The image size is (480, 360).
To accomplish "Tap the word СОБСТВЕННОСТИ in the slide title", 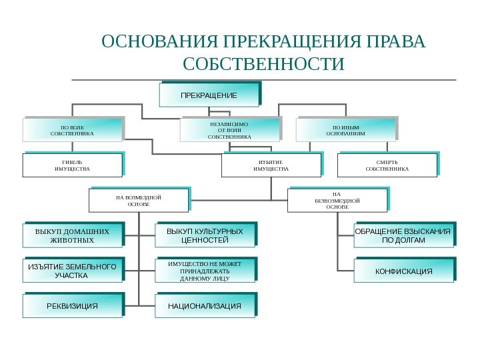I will point(264,65).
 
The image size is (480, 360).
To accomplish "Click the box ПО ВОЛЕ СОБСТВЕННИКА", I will point(73,130).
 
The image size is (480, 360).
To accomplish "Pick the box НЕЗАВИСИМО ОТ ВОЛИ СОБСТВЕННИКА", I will point(230,130).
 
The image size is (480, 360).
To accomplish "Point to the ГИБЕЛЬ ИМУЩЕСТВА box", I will point(72,165).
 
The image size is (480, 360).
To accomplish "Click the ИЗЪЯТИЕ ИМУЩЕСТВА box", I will point(271,165).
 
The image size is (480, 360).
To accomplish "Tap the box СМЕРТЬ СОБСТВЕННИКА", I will point(387,165).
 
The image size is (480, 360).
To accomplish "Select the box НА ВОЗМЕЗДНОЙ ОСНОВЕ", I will point(139,201).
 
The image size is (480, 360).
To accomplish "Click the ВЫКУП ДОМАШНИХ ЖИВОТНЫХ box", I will point(72,235).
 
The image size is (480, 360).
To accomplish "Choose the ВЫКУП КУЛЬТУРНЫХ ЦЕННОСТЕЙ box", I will point(205,235).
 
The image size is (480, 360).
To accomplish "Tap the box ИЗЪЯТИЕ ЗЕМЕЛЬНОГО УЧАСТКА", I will point(72,271).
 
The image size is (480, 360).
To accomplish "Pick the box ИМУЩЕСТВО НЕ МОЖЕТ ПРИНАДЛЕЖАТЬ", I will point(205,271).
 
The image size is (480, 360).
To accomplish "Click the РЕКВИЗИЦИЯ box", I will point(72,306).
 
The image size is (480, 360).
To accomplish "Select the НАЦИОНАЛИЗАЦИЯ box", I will point(205,306).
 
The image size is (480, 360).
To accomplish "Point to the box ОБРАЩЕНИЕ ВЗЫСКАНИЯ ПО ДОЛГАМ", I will point(403,235).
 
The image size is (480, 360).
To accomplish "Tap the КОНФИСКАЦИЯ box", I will point(403,271).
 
